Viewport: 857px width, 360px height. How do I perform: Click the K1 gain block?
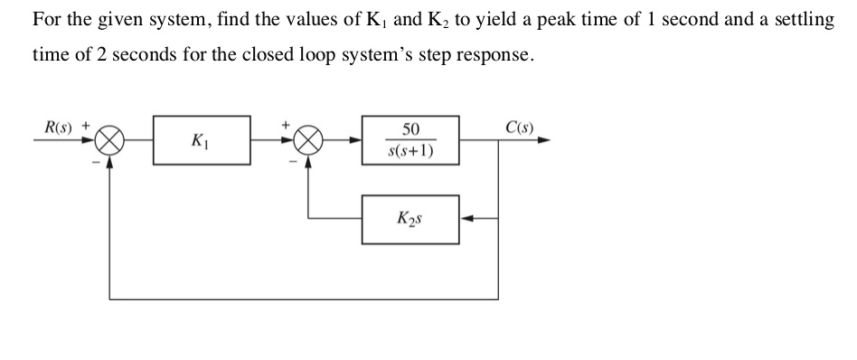pyautogui.click(x=201, y=140)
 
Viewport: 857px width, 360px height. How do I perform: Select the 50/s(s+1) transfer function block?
pyautogui.click(x=410, y=140)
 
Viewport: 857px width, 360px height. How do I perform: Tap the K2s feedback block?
pyautogui.click(x=410, y=219)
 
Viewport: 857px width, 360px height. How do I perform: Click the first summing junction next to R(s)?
pyautogui.click(x=110, y=141)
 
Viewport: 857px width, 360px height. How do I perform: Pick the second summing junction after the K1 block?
pyautogui.click(x=309, y=141)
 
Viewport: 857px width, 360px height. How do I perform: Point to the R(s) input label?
pyautogui.click(x=60, y=125)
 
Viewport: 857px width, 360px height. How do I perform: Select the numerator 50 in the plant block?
pyautogui.click(x=410, y=129)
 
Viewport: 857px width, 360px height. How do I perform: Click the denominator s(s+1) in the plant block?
pyautogui.click(x=410, y=151)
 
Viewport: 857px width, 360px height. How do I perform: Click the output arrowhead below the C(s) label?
pyautogui.click(x=543, y=141)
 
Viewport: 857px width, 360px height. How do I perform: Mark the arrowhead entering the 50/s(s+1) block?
pyautogui.click(x=355, y=141)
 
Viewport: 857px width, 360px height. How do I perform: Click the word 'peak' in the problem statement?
pyautogui.click(x=572, y=19)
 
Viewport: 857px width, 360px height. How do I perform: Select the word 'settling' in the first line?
pyautogui.click(x=802, y=19)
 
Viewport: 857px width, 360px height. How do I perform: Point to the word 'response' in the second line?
pyautogui.click(x=497, y=55)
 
